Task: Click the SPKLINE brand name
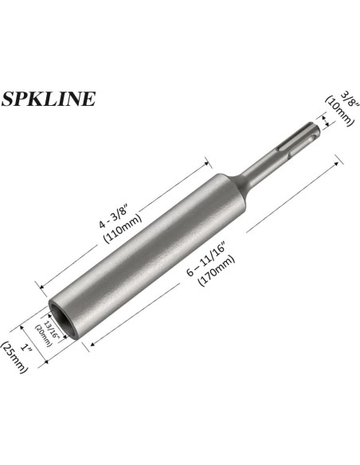tap(49, 99)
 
